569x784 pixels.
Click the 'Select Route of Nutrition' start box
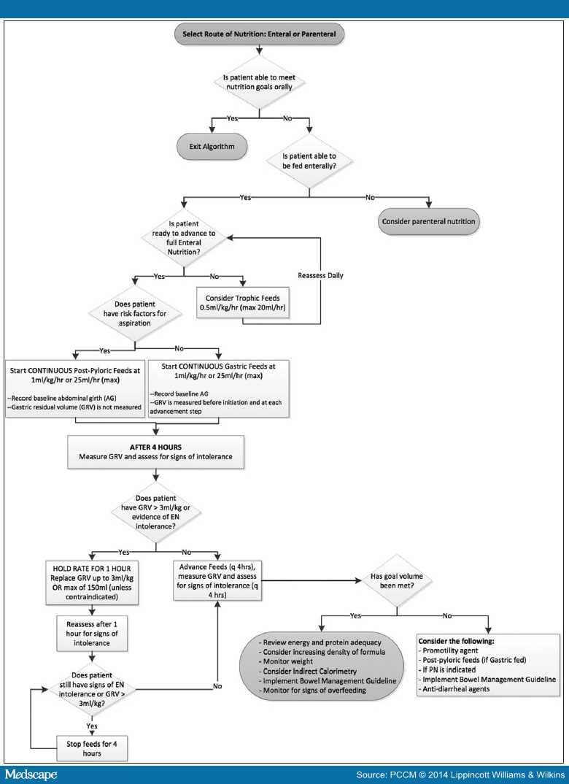(258, 35)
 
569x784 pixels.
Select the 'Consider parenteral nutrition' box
(428, 220)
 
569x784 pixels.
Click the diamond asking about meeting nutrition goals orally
(258, 85)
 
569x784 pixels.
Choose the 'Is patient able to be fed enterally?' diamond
(311, 160)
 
